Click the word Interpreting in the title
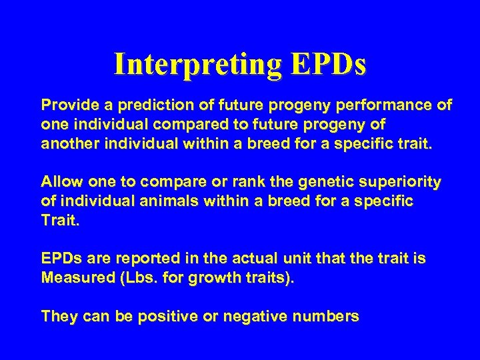coord(198,65)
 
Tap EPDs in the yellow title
coord(329,65)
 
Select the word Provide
coord(67,105)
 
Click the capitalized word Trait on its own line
coord(59,221)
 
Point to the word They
coord(58,316)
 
